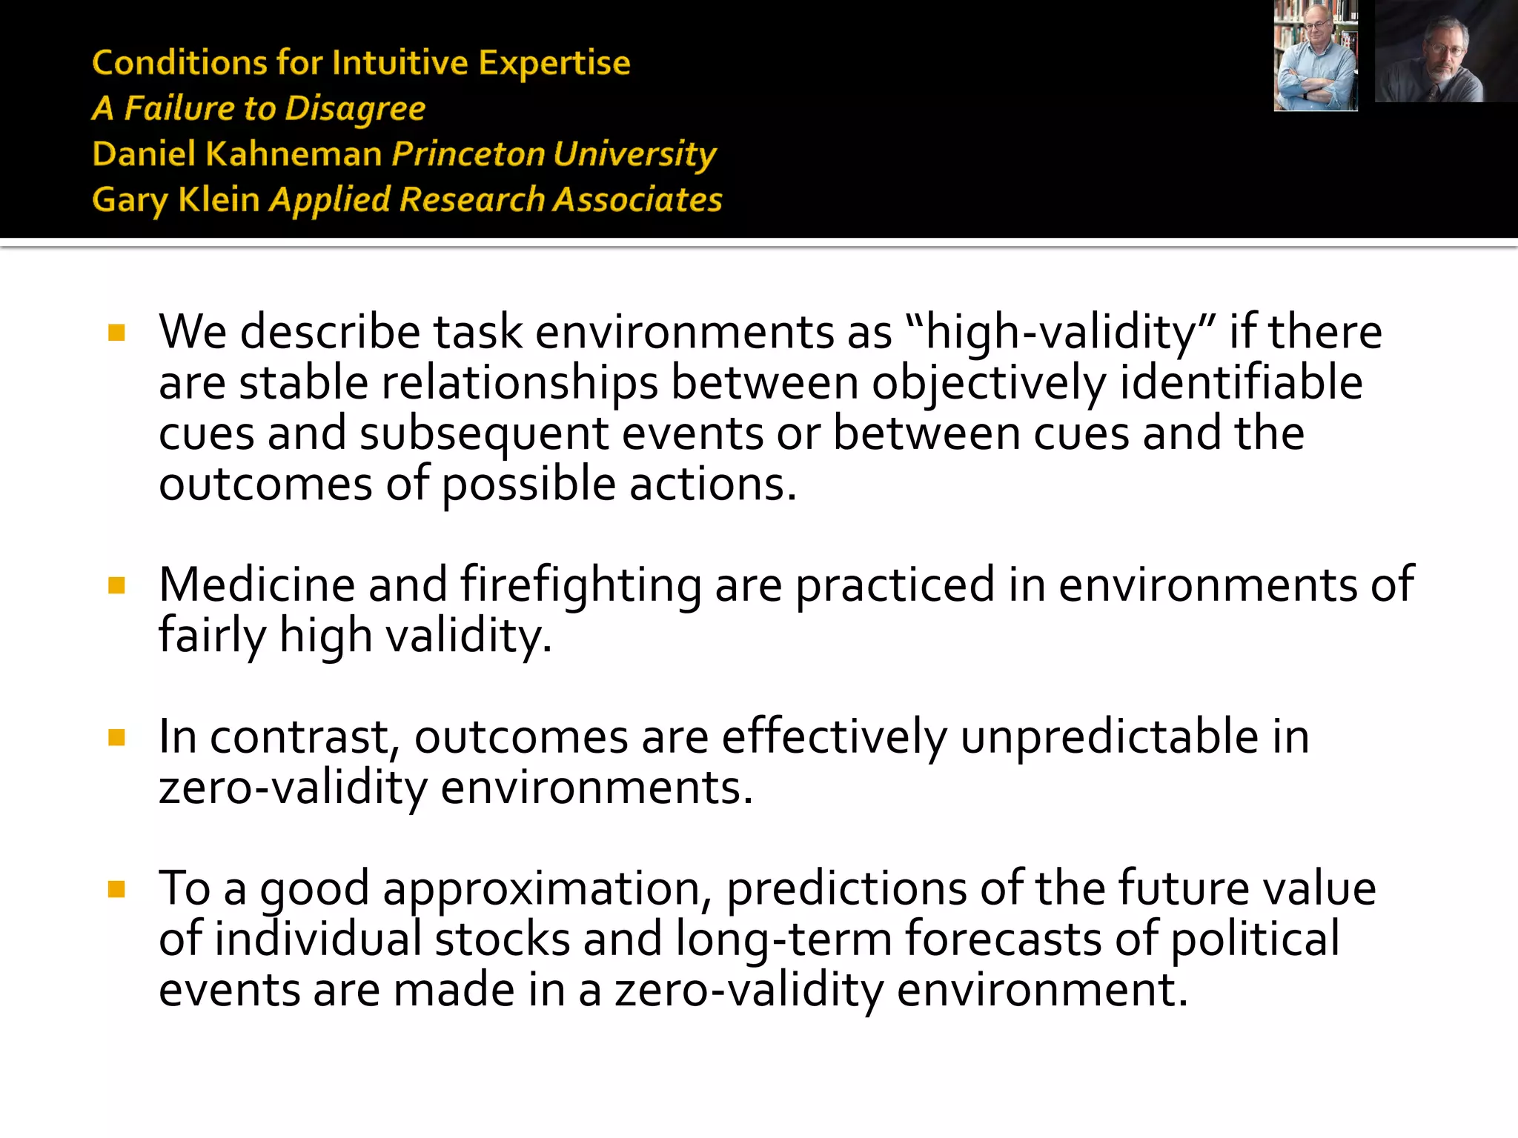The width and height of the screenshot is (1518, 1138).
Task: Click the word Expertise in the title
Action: click(554, 63)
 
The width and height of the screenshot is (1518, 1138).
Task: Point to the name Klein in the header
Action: click(219, 200)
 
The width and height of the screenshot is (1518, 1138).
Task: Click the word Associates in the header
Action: click(637, 200)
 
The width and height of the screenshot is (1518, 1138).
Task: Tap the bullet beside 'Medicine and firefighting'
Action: click(116, 586)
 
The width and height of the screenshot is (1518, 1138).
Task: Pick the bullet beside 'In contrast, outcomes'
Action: click(116, 737)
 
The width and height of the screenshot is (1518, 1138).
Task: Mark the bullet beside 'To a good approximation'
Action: click(116, 889)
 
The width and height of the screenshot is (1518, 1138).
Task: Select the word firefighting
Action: click(580, 585)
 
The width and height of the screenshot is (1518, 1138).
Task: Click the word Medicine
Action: click(256, 585)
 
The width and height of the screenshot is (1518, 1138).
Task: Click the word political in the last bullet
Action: click(1255, 939)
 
